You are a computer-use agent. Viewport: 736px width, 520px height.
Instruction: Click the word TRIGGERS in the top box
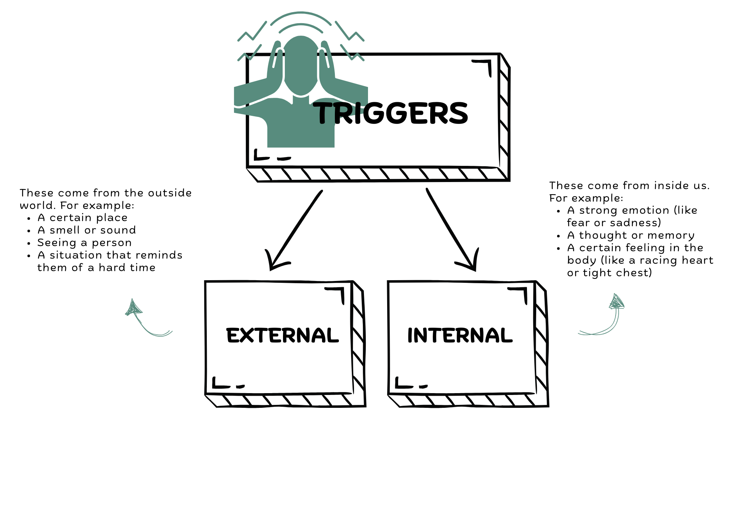pyautogui.click(x=392, y=113)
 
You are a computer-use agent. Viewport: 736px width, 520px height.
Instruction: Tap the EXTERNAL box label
pyautogui.click(x=282, y=335)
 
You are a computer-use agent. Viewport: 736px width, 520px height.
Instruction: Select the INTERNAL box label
pyautogui.click(x=460, y=335)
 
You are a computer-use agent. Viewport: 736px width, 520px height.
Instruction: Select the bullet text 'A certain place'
pyautogui.click(x=82, y=218)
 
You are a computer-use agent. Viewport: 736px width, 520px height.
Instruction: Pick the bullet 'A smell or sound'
pyautogui.click(x=87, y=230)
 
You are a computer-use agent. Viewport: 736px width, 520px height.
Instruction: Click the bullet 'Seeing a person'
pyautogui.click(x=84, y=243)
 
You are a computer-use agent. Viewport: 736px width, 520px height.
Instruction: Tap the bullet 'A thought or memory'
pyautogui.click(x=631, y=235)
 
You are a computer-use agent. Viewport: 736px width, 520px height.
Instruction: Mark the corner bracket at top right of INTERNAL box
pyautogui.click(x=520, y=293)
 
